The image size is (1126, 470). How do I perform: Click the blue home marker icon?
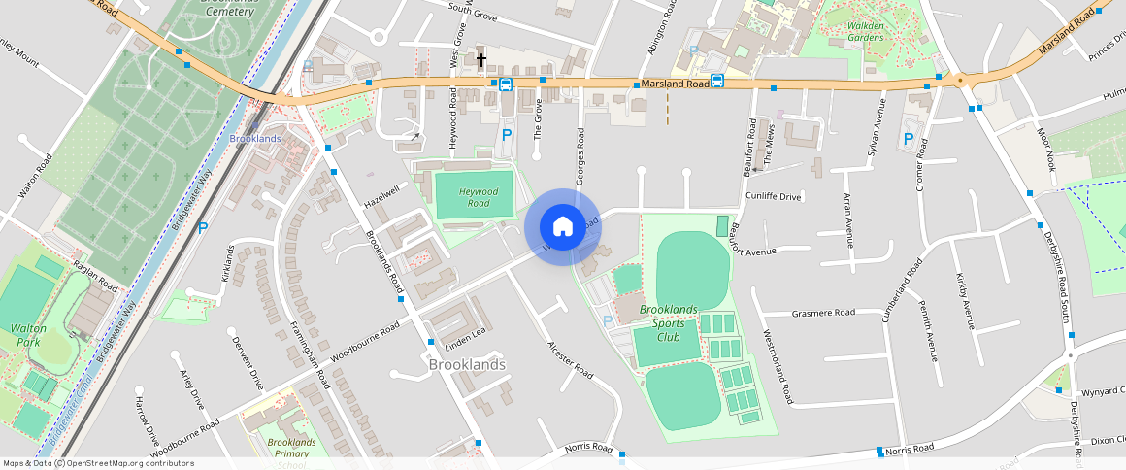point(562,227)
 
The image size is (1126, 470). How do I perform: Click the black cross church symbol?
point(481,60)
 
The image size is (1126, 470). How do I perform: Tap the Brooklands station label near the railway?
point(255,139)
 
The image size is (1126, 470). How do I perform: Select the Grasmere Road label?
point(823,313)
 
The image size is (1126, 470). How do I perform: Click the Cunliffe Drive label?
point(773,197)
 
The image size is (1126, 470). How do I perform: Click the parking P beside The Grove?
point(505,136)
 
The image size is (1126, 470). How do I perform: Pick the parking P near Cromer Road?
point(909,139)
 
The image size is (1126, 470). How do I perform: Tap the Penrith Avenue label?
point(929,330)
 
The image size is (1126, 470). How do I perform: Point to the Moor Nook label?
point(1045,148)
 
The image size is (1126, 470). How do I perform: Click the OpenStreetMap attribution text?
point(99,463)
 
